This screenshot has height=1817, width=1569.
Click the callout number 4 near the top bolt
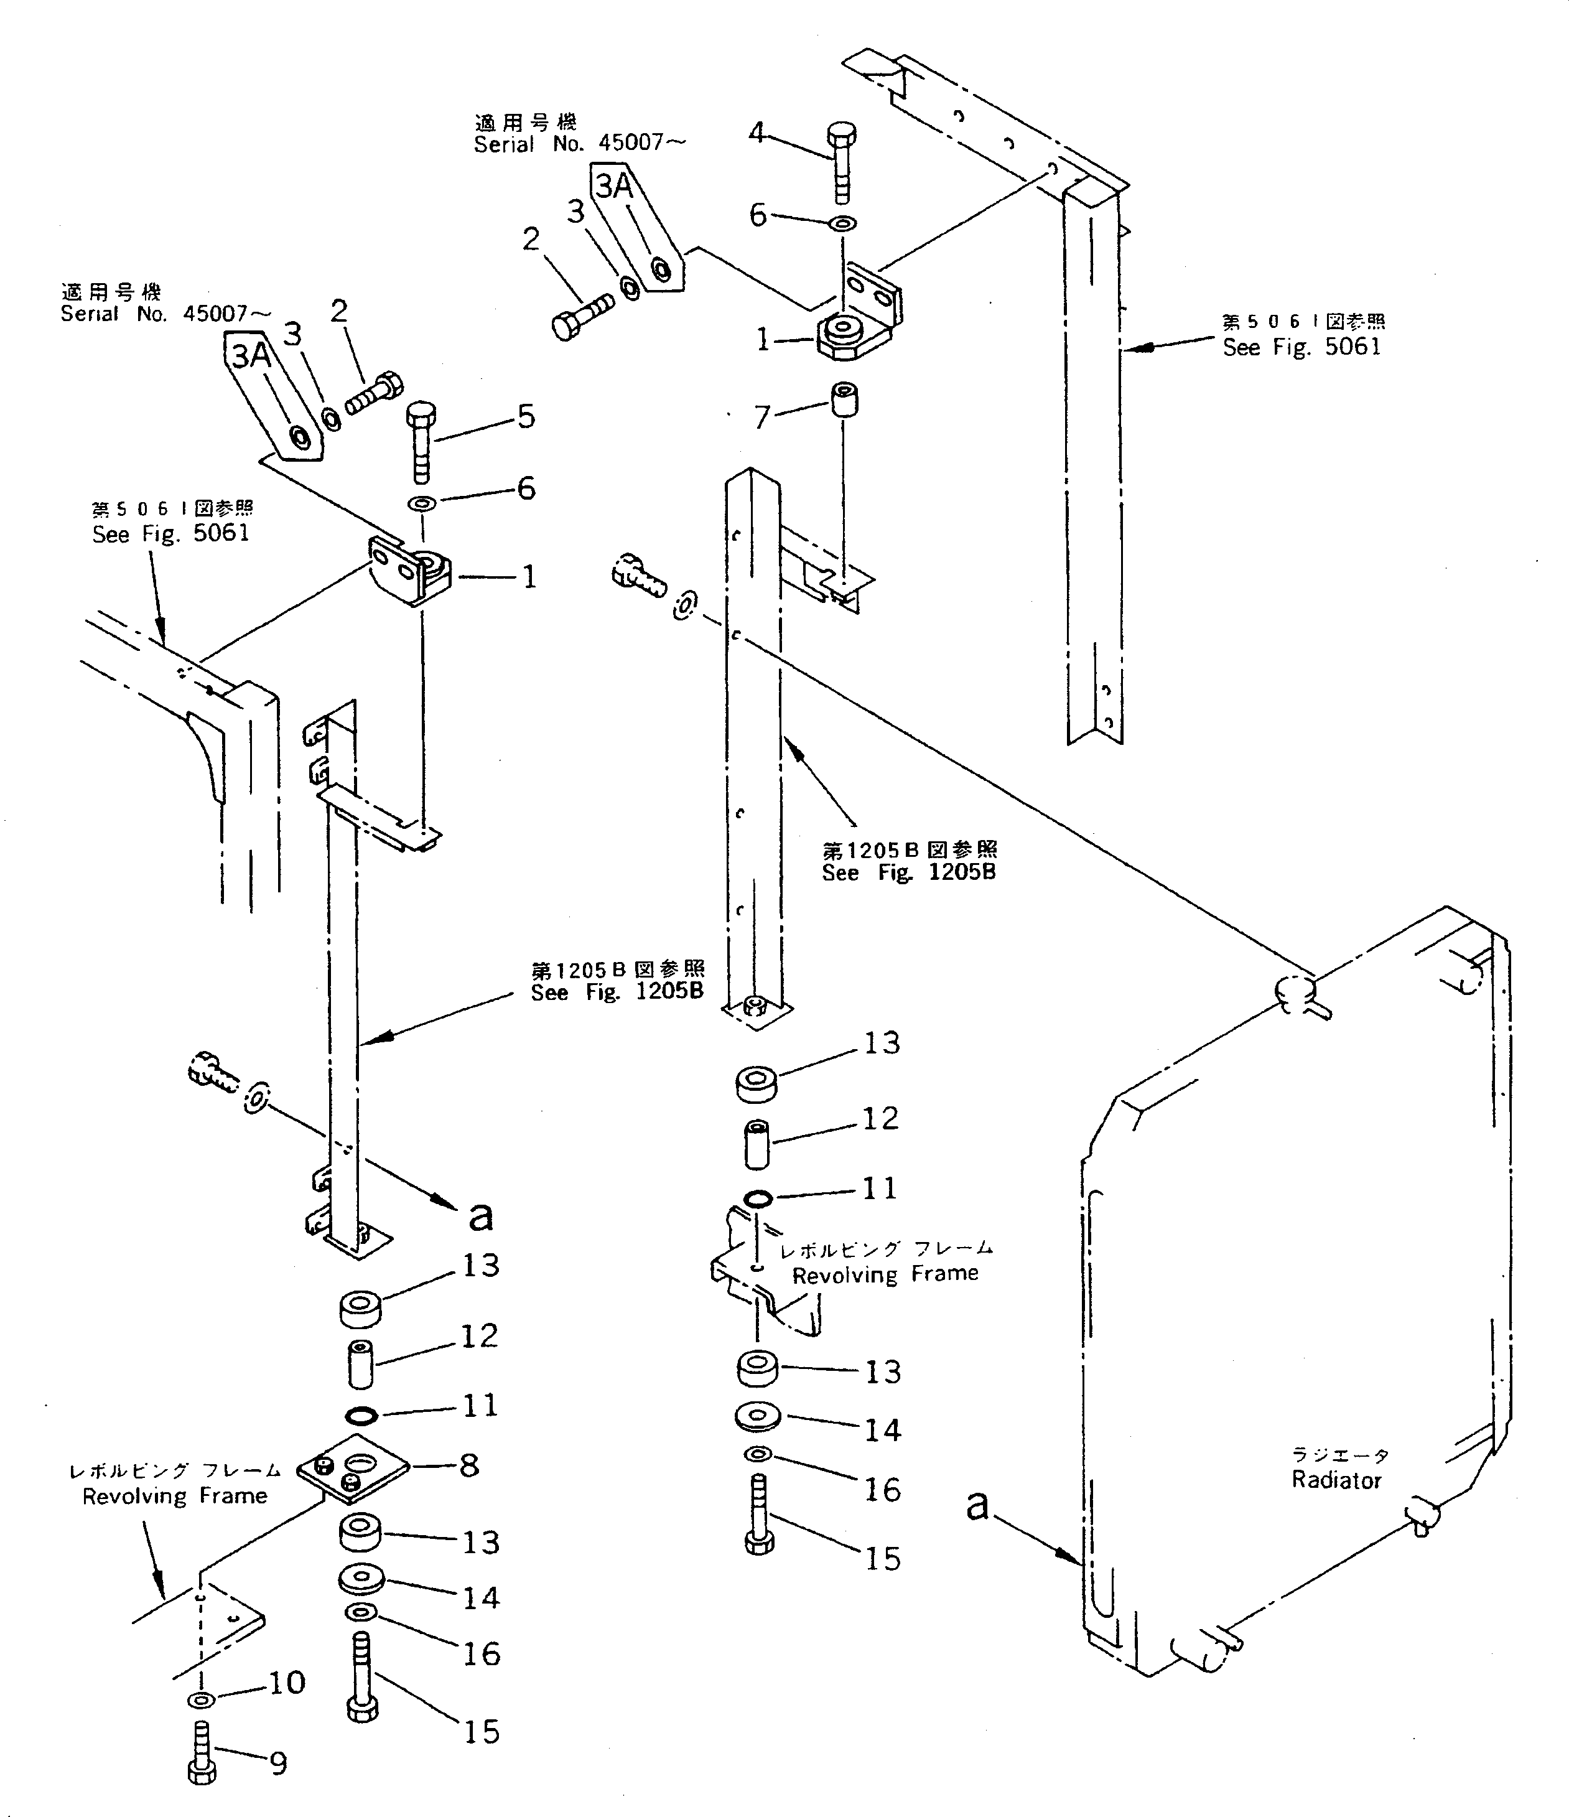tap(756, 133)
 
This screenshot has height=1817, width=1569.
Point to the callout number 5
tap(526, 416)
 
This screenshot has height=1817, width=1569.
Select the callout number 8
tap(469, 1465)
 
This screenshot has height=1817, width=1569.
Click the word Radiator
tap(1336, 1480)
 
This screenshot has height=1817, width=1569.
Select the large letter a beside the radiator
tap(977, 1505)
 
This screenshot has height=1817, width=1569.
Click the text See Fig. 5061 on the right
tap(1301, 347)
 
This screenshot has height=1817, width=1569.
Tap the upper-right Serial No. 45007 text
tap(579, 144)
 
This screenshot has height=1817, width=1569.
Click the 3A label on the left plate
tap(251, 355)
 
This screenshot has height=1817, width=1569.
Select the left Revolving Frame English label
tap(174, 1496)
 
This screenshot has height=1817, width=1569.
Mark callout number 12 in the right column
tap(881, 1118)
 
